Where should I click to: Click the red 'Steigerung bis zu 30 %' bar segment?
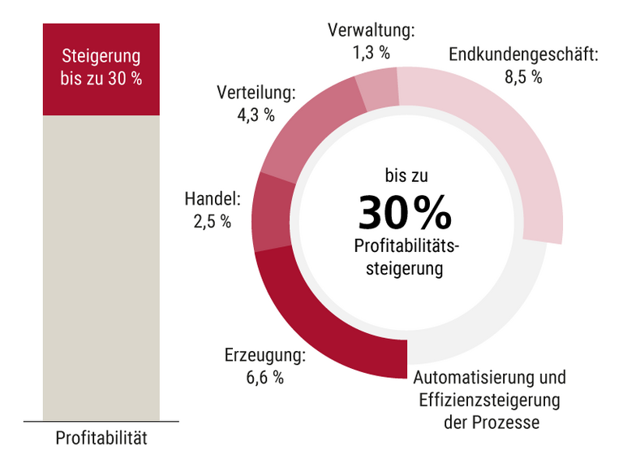point(101,69)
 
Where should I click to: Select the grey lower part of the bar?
point(101,268)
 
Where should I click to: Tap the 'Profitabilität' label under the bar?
point(101,439)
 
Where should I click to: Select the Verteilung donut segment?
point(309,130)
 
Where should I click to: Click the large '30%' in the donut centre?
point(406,213)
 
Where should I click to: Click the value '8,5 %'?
point(523,78)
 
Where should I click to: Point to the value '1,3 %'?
point(371,53)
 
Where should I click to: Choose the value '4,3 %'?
point(256,115)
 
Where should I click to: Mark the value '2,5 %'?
point(212,221)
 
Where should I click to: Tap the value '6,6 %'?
point(265,377)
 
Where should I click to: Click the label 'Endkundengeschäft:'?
point(523,56)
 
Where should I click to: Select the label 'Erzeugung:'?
point(264,355)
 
